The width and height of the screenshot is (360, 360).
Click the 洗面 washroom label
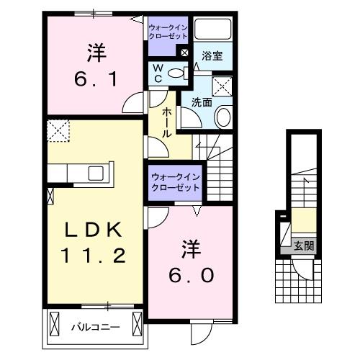pyautogui.click(x=202, y=102)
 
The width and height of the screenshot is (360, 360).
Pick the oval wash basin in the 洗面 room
pyautogui.click(x=223, y=117)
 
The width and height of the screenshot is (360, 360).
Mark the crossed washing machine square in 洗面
pyautogui.click(x=223, y=85)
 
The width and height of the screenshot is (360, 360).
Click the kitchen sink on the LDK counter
pyautogui.click(x=96, y=173)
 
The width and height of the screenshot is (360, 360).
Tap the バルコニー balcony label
pyautogui.click(x=94, y=326)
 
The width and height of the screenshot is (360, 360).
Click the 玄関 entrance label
pyautogui.click(x=303, y=246)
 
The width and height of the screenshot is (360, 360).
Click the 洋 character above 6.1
pyautogui.click(x=96, y=52)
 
